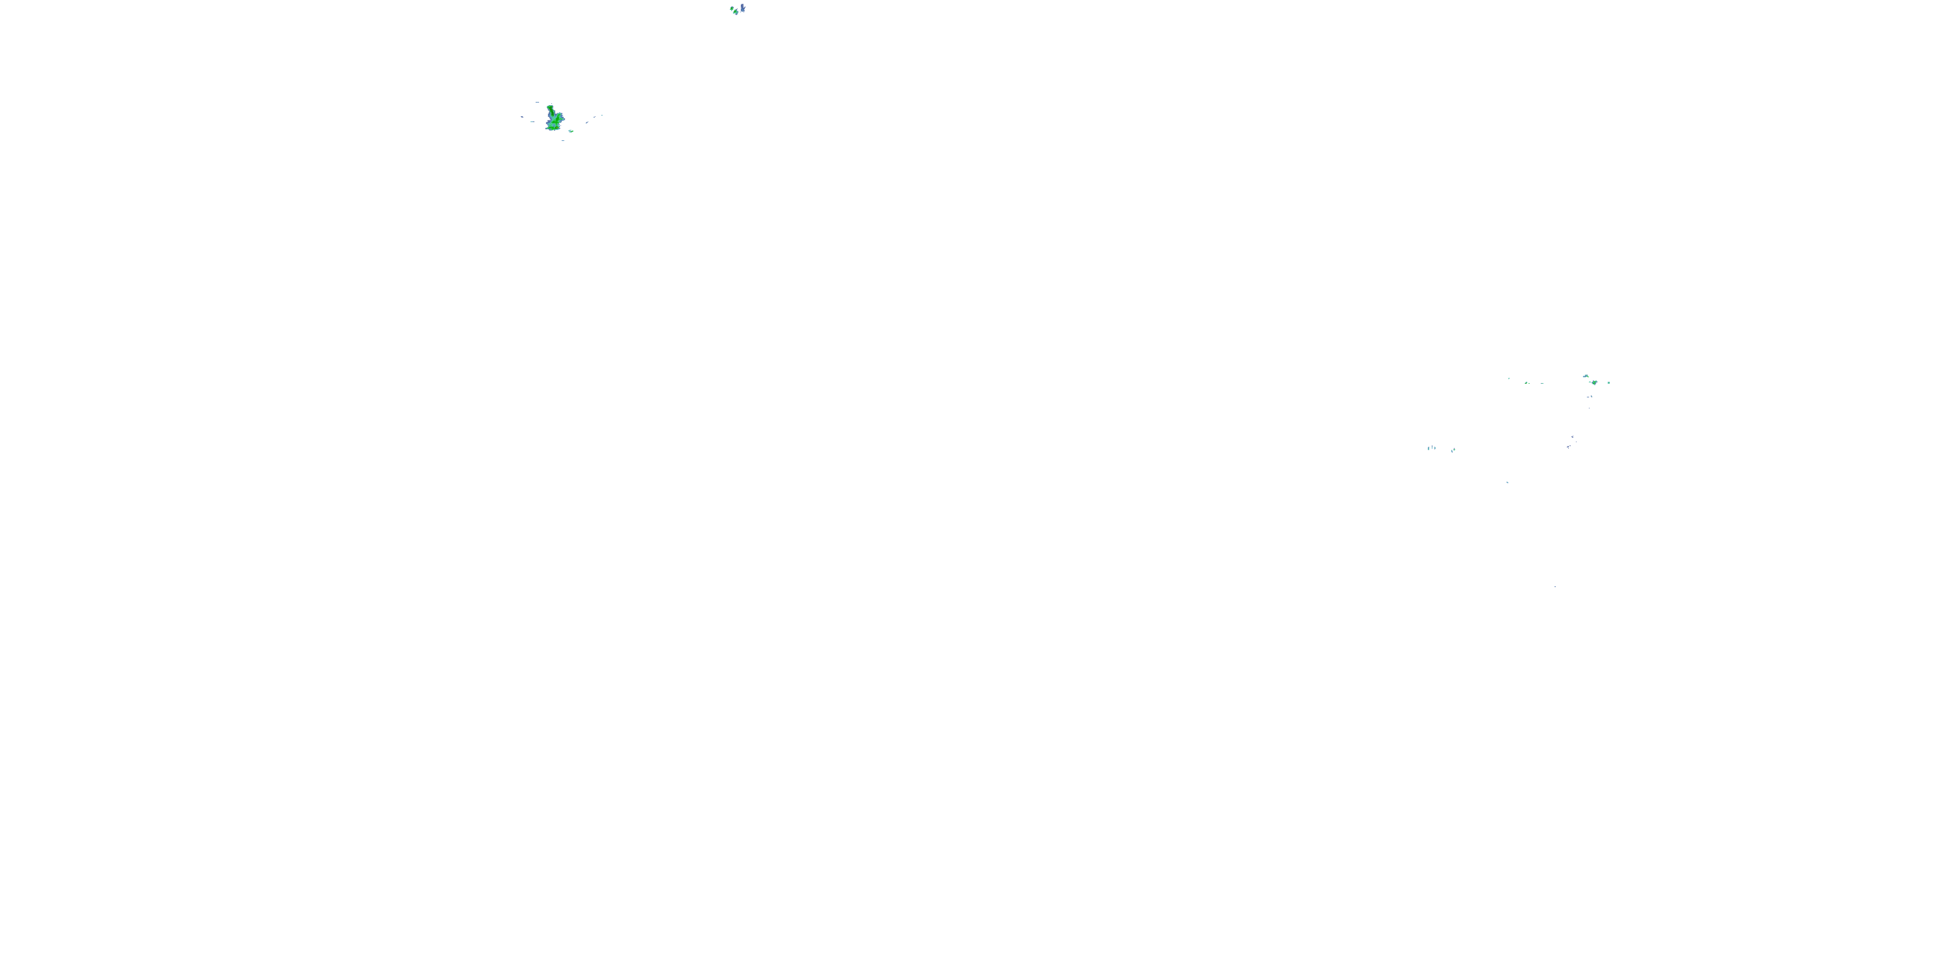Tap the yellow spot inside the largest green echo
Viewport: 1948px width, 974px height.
point(557,128)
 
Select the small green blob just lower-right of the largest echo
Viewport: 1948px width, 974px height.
point(571,132)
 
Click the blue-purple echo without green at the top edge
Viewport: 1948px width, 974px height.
point(743,8)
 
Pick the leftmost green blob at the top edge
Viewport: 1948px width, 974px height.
point(732,8)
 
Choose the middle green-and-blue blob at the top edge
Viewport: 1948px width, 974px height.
point(736,12)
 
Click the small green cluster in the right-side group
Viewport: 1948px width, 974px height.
point(1595,382)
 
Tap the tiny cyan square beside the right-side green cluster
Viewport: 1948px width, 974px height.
point(1608,382)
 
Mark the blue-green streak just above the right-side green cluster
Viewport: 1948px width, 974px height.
point(1586,376)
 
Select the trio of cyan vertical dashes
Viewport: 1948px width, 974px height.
point(1432,449)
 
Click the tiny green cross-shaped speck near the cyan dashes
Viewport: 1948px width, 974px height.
point(1455,450)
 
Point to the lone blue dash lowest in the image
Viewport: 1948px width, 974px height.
point(1555,586)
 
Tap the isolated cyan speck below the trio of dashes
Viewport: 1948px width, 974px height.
point(1508,483)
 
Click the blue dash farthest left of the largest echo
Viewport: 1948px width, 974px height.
point(523,118)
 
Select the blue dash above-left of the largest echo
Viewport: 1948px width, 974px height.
point(538,103)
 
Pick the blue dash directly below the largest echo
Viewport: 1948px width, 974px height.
point(564,141)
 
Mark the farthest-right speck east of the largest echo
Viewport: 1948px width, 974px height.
point(602,116)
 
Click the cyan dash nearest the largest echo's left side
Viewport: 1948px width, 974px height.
point(533,122)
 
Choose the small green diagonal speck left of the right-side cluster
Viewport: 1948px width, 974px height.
point(1527,382)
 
